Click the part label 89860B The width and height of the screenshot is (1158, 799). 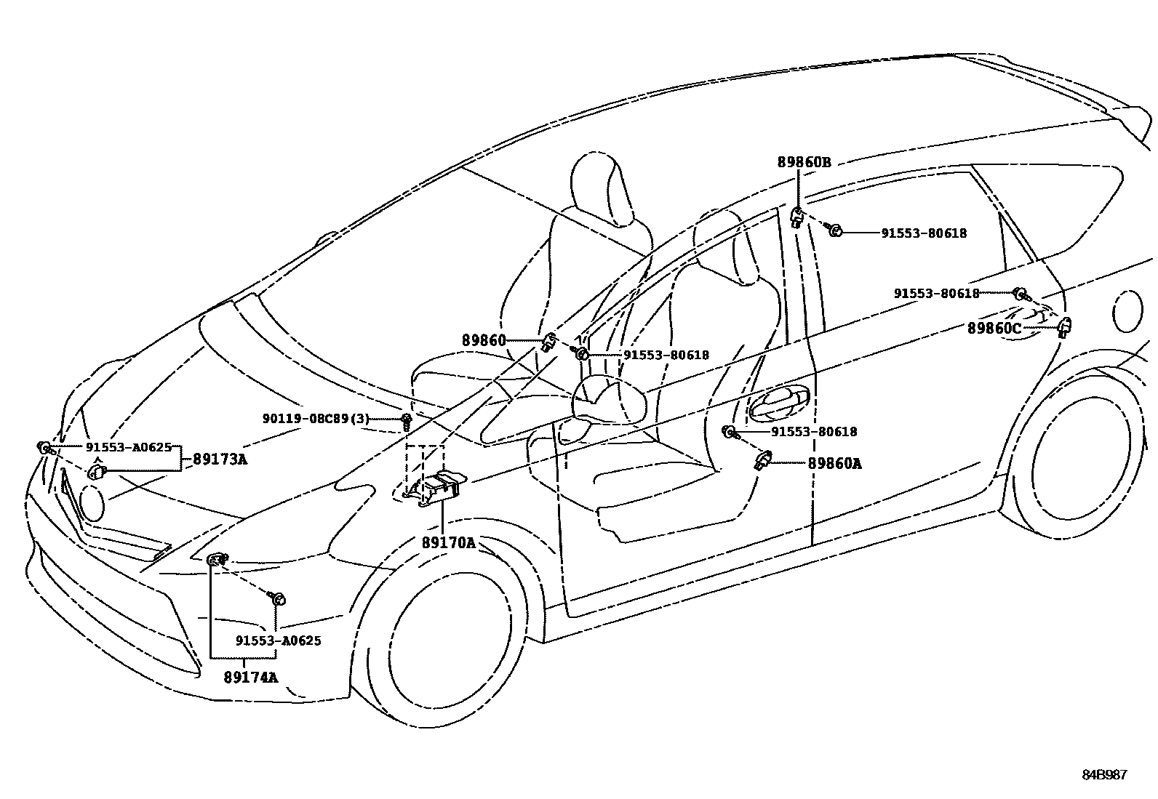tap(804, 162)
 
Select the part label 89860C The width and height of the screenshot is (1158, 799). tap(994, 329)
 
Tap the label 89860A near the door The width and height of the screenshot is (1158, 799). tap(834, 463)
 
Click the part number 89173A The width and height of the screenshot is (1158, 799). tap(219, 459)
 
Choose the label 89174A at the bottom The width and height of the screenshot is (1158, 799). tap(251, 678)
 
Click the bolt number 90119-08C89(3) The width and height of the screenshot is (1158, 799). tap(316, 419)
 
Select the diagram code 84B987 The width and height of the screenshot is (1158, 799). tap(1103, 775)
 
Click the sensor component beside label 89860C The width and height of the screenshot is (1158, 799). tap(1064, 327)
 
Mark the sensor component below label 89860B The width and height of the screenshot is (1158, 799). tap(796, 216)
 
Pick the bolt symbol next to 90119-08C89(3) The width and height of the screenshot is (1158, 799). tap(406, 419)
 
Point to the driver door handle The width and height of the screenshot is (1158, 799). tap(778, 402)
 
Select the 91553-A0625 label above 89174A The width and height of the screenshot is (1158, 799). tap(278, 641)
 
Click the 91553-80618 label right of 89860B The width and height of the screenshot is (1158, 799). tap(924, 233)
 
